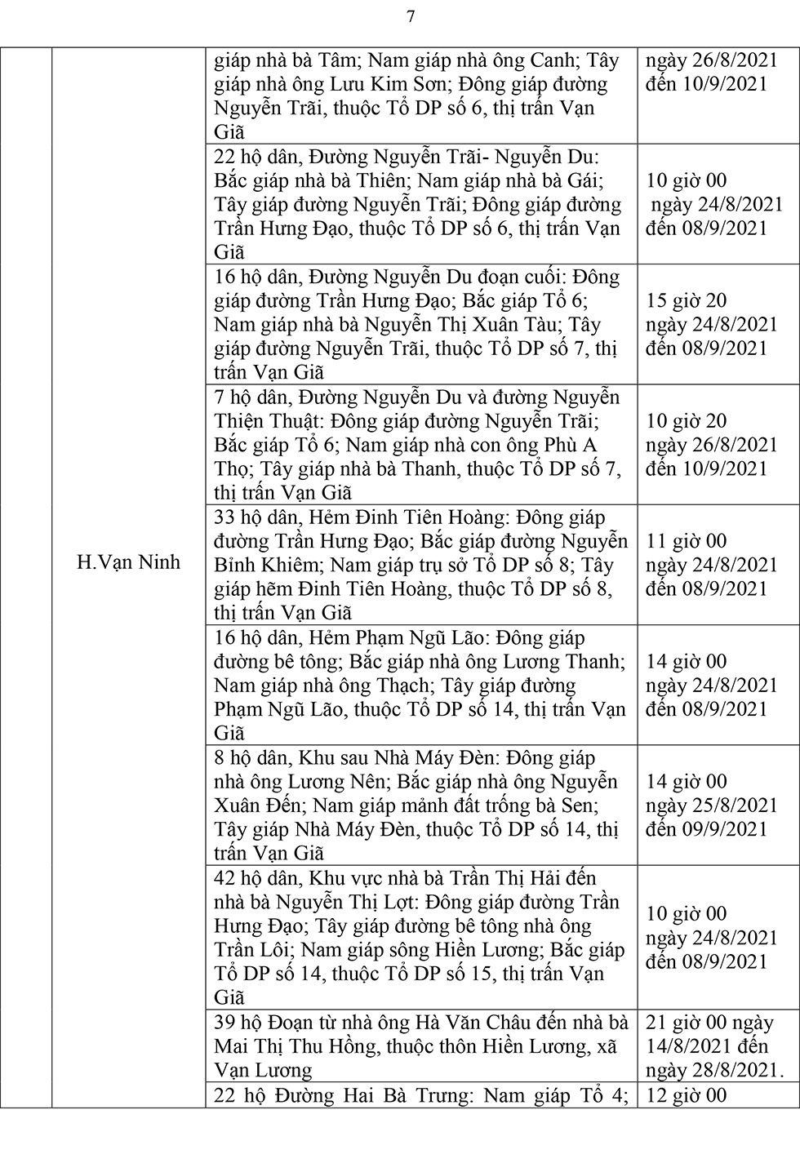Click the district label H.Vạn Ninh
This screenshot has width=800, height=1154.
coord(128,562)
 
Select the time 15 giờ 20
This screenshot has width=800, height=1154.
coord(687,301)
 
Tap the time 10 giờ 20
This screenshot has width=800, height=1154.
coord(687,421)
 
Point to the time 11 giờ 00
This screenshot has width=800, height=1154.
coord(687,541)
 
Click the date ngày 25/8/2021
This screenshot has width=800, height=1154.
coord(712,806)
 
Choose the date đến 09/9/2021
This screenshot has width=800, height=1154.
coord(707,829)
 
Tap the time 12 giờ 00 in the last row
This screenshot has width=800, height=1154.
coord(687,1095)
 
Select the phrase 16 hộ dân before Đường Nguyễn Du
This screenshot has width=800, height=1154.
coord(255,277)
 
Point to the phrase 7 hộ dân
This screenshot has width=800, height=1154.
coord(249,397)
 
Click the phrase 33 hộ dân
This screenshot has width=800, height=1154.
coord(255,517)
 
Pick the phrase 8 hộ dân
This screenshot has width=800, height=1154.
coord(249,758)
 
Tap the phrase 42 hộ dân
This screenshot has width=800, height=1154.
coord(255,878)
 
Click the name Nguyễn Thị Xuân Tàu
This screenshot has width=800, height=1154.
coord(462,325)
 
